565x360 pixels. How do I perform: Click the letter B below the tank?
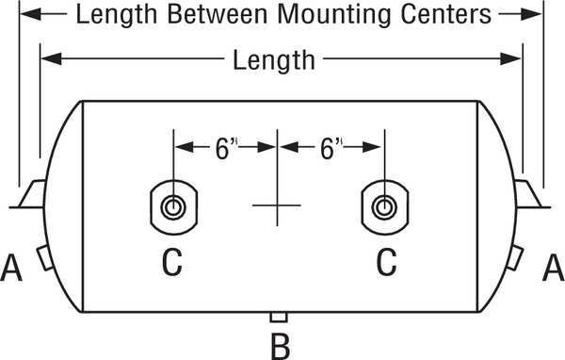click(280, 347)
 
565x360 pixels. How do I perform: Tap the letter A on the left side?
click(11, 268)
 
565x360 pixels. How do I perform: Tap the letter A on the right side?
click(554, 268)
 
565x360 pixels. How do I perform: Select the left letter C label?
click(172, 262)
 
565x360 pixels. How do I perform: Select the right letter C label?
click(386, 262)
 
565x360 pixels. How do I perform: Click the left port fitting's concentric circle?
click(173, 200)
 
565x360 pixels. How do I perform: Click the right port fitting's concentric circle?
click(384, 200)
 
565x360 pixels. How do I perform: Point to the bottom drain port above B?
click(279, 317)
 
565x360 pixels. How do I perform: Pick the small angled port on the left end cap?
click(45, 258)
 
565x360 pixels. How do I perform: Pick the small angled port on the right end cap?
click(515, 257)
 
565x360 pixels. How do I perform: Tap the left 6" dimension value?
click(225, 149)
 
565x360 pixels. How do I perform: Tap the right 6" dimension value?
click(330, 149)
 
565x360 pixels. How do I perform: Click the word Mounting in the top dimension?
click(334, 15)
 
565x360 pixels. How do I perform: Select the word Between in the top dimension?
click(218, 14)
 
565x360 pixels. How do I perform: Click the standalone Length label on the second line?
click(274, 60)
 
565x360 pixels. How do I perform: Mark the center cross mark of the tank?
click(277, 205)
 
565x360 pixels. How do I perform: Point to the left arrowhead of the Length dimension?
click(51, 58)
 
